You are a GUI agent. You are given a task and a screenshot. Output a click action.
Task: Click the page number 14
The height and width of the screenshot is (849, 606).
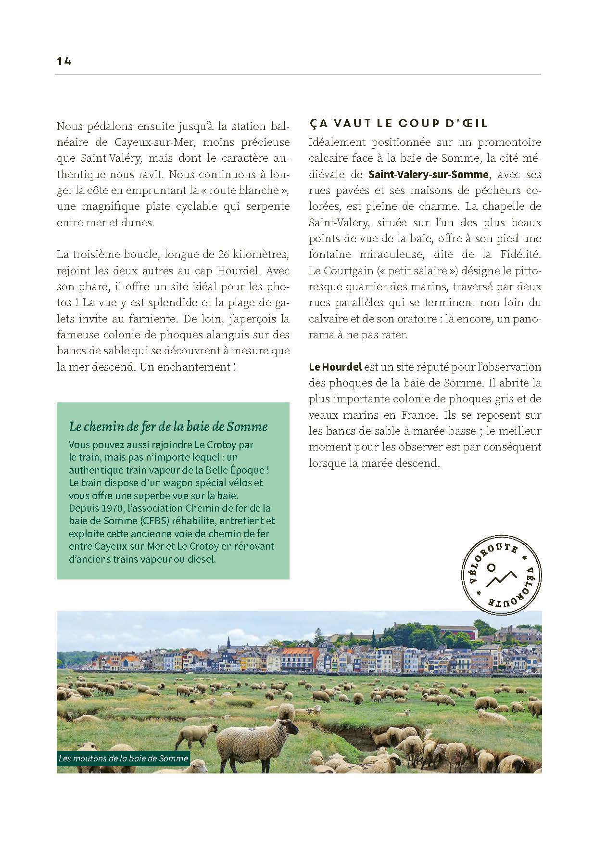[x=63, y=61]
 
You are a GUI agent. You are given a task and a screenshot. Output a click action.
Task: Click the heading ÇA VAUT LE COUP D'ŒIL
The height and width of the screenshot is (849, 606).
[x=398, y=123]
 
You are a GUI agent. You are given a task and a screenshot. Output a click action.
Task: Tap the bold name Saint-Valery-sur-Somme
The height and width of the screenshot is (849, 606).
[x=428, y=174]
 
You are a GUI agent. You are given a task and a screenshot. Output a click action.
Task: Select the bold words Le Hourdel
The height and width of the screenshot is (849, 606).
[x=335, y=367]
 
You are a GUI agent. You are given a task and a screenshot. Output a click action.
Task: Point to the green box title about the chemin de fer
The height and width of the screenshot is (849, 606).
[x=168, y=426]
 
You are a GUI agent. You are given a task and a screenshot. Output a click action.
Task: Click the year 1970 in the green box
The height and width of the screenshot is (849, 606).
[x=112, y=508]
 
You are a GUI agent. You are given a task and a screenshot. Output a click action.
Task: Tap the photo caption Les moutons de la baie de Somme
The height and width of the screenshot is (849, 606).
[x=123, y=759]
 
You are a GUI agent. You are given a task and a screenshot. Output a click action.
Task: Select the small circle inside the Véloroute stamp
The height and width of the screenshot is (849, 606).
[x=491, y=567]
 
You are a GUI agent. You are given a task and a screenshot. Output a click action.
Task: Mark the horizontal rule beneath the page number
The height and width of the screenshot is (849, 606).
[x=298, y=75]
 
